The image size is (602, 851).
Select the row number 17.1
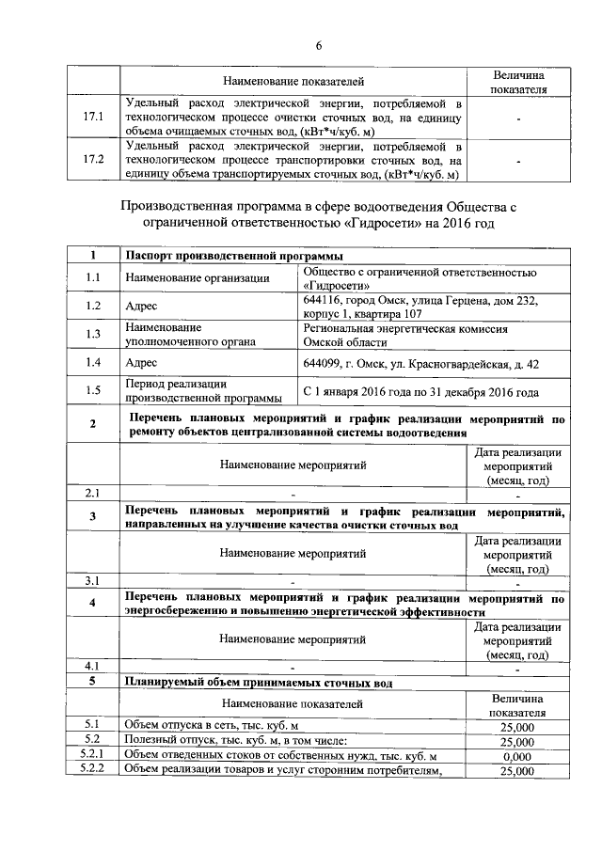coord(92,118)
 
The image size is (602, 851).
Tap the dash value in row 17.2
coord(517,161)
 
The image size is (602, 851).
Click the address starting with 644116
coord(420,307)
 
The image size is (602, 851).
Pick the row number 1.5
coord(92,390)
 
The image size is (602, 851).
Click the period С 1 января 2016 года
coord(420,390)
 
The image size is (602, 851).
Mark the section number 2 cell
coord(92,425)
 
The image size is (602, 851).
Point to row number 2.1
coord(92,493)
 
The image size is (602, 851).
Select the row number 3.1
coord(92,579)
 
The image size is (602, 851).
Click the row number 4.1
coord(92,666)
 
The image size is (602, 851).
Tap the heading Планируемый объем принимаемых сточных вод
coord(259,682)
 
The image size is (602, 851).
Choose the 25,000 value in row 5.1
coord(517,727)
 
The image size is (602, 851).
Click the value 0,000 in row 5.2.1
coord(517,757)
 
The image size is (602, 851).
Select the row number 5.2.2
coord(92,771)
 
